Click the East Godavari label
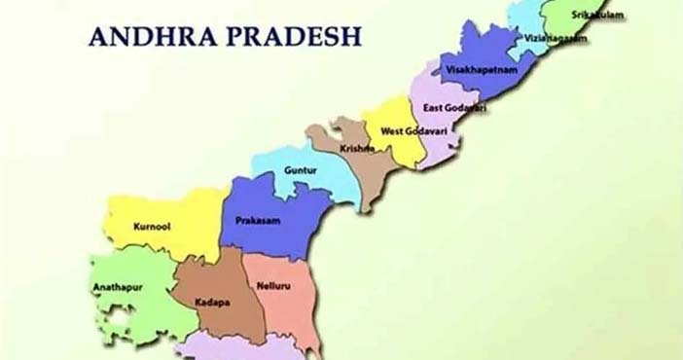click(456, 108)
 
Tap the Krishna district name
click(358, 149)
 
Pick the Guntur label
click(300, 171)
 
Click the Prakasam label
click(258, 221)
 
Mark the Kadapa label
click(211, 303)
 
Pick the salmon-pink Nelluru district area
click(287, 311)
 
